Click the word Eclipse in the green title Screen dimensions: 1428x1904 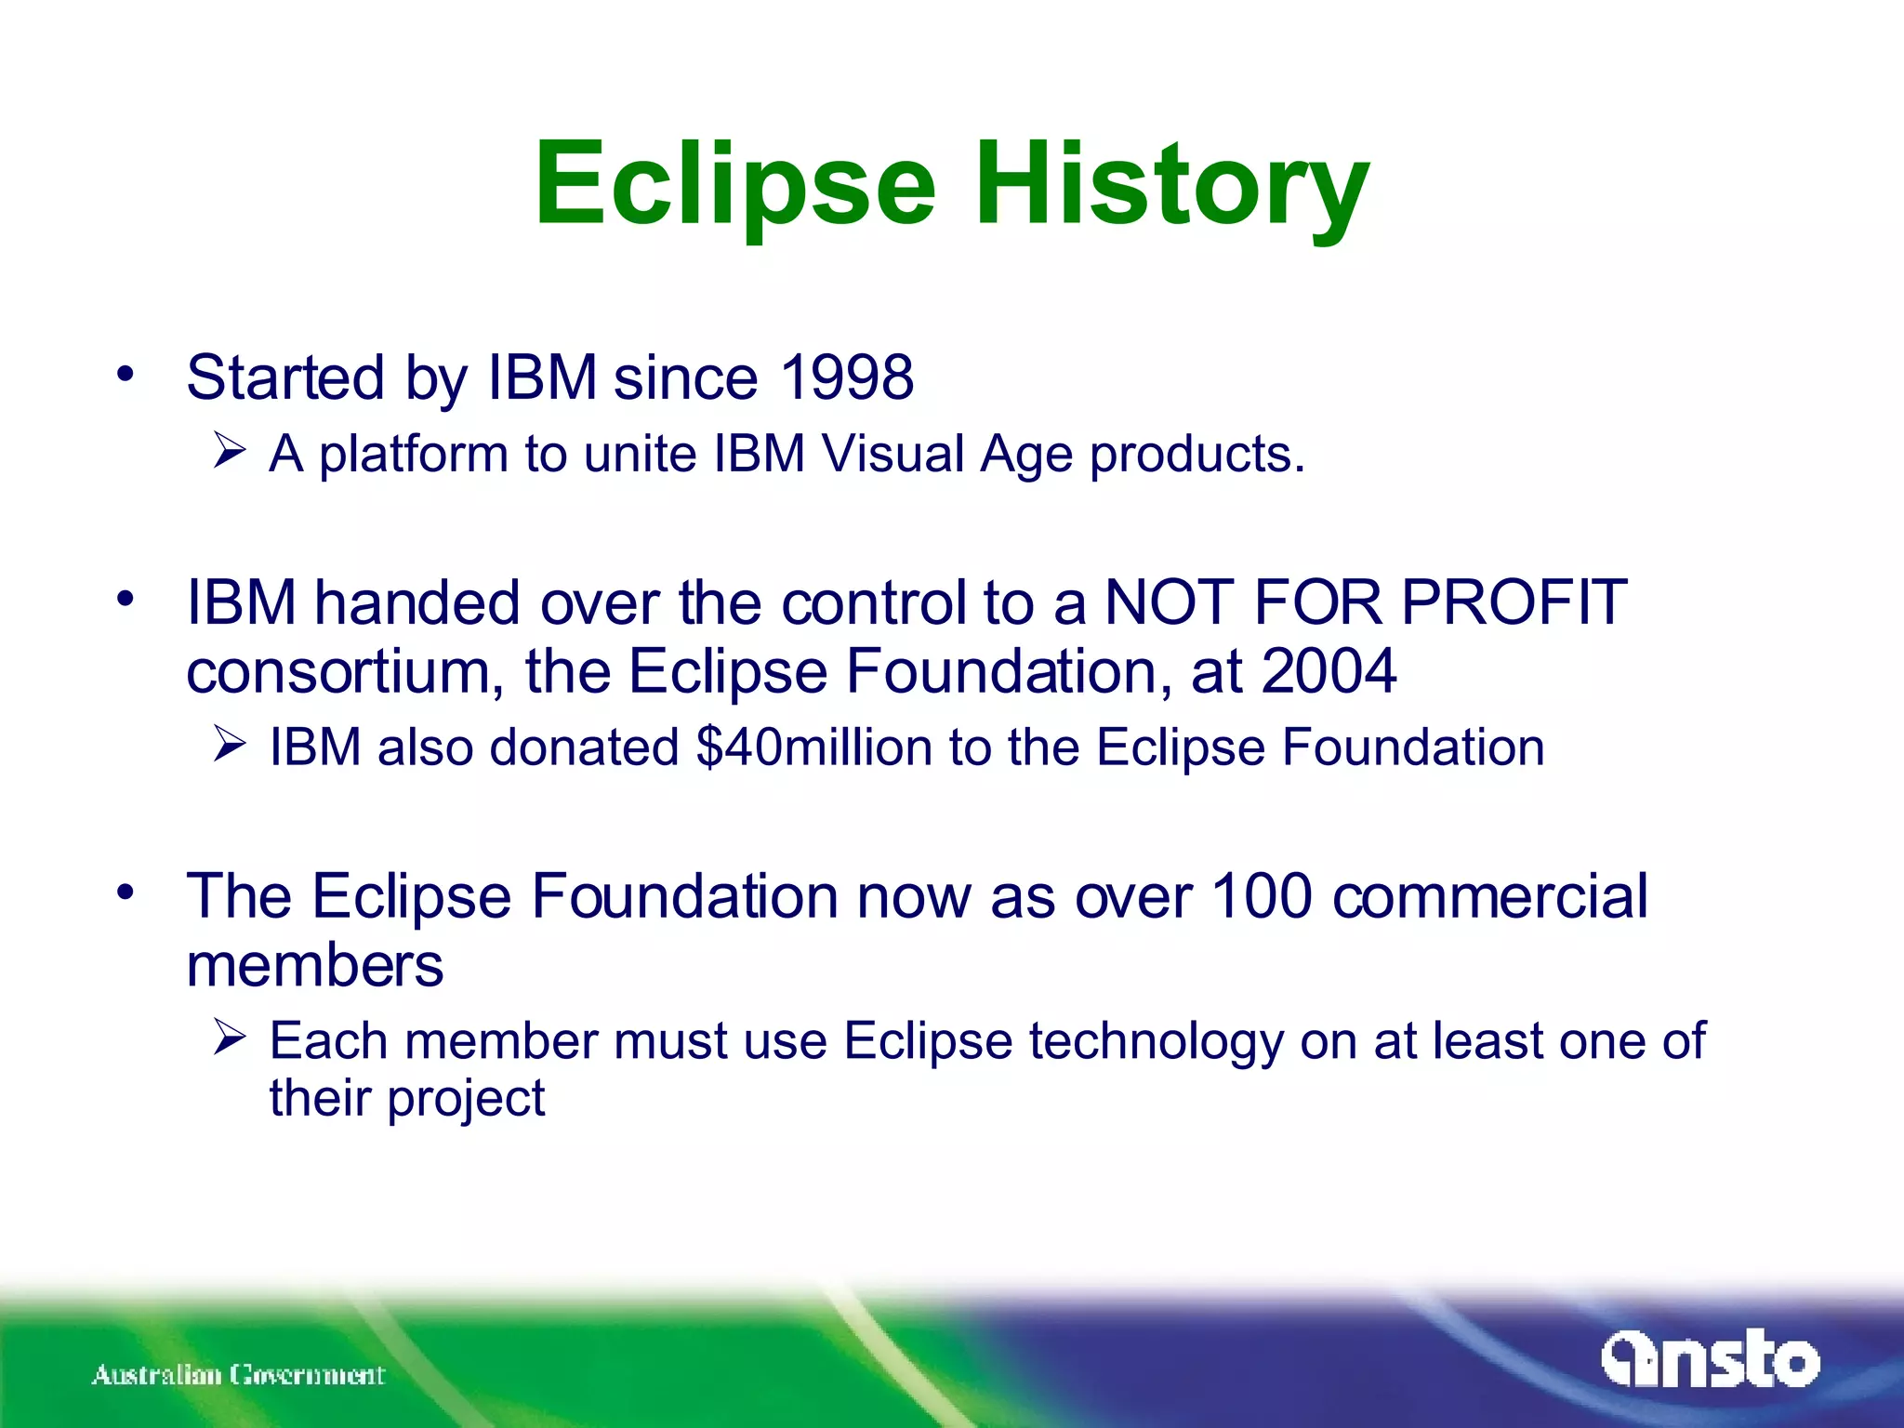[734, 184]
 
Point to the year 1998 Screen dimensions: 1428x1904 [846, 377]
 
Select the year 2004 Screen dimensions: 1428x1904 [1329, 670]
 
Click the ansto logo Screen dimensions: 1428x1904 [1709, 1361]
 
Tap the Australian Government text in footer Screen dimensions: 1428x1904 [238, 1374]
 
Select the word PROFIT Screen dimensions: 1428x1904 [1514, 602]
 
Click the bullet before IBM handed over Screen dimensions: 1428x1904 [126, 600]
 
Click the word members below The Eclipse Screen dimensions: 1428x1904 [314, 965]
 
